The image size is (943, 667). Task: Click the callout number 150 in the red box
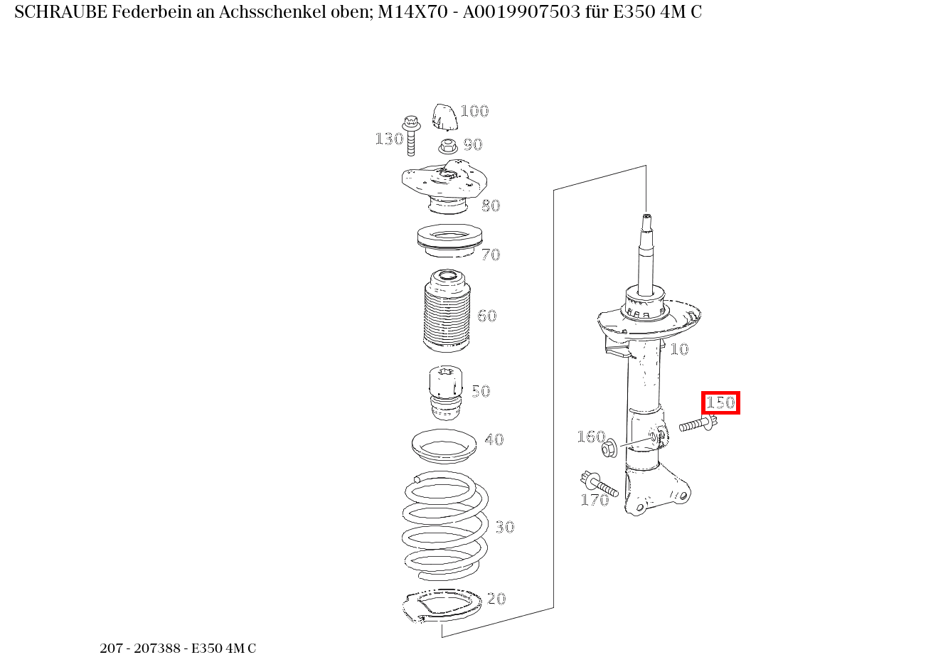point(720,402)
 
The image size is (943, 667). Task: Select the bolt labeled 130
point(410,134)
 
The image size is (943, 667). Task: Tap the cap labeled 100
point(444,117)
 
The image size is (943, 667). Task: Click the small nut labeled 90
point(447,146)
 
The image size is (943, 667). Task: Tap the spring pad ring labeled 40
point(444,446)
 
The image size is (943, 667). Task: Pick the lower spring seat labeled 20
point(441,607)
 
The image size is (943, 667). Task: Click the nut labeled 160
point(609,449)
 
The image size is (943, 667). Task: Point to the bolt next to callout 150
point(698,425)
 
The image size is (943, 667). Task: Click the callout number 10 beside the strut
point(679,349)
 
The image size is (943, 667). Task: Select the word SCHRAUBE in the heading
point(61,12)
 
